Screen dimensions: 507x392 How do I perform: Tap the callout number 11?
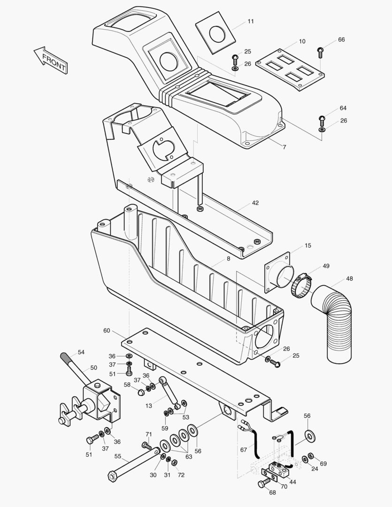point(251,22)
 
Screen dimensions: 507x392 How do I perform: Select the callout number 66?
point(341,39)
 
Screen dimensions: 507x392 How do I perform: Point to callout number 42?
point(255,203)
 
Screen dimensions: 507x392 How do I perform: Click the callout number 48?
point(350,278)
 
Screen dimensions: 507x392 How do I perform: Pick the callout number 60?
point(107,330)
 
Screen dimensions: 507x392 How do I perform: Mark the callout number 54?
point(81,352)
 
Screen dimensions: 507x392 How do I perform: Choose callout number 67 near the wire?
point(243,450)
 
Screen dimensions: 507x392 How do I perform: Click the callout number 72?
point(181,475)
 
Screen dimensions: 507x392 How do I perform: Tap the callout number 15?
point(308,246)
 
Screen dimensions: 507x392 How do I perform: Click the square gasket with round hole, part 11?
point(216,34)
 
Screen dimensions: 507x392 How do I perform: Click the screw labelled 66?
point(321,50)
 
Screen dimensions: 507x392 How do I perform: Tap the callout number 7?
point(284,147)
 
